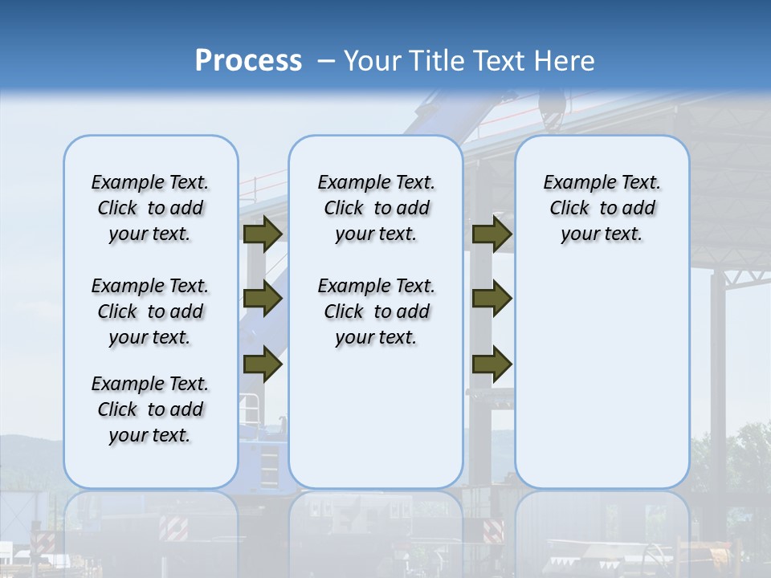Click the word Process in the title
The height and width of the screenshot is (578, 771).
[x=248, y=61]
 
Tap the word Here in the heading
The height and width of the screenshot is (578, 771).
[x=563, y=61]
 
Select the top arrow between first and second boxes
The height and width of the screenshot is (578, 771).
[x=263, y=234]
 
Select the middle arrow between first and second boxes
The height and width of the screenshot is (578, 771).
[x=263, y=299]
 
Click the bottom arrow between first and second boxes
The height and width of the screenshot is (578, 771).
[x=263, y=364]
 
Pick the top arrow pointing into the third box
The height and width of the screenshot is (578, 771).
[x=492, y=234]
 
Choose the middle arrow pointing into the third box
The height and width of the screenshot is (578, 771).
[x=492, y=299]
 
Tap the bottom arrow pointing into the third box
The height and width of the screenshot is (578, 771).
[x=492, y=364]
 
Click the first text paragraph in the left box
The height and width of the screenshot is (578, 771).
[x=150, y=208]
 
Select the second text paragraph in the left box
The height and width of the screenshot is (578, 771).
[x=150, y=311]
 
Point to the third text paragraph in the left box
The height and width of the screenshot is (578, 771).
[x=150, y=409]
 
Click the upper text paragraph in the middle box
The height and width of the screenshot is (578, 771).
[x=376, y=208]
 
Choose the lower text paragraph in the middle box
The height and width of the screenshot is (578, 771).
[x=376, y=311]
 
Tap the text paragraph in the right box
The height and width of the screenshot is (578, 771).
[x=602, y=208]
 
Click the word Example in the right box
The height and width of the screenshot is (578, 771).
[x=573, y=183]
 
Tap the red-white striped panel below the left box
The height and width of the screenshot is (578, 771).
[x=173, y=527]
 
